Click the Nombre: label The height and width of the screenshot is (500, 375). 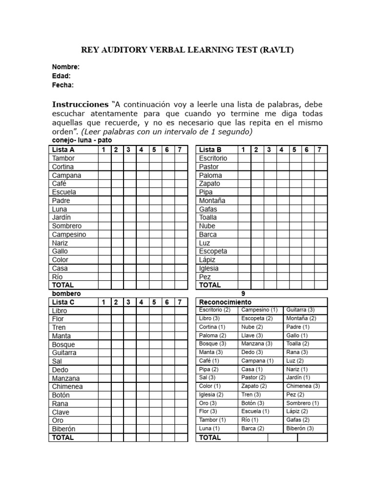(x=65, y=67)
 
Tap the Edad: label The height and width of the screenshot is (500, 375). (x=62, y=76)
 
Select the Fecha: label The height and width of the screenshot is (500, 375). (x=63, y=85)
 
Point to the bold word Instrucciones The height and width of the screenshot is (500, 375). (x=80, y=104)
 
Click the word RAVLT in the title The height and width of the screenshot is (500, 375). (x=276, y=50)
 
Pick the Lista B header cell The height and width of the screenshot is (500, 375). (x=210, y=149)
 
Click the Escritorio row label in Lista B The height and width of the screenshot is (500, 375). (x=213, y=158)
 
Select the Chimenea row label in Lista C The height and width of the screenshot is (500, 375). (x=67, y=386)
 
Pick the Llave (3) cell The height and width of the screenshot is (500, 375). (x=252, y=335)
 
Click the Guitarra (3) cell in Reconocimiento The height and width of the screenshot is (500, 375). (x=300, y=310)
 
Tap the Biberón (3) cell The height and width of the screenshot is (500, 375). (x=300, y=428)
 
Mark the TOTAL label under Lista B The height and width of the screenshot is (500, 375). (x=210, y=285)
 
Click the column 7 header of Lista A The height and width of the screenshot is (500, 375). (x=180, y=149)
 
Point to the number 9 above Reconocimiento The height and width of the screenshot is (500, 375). (x=243, y=293)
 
